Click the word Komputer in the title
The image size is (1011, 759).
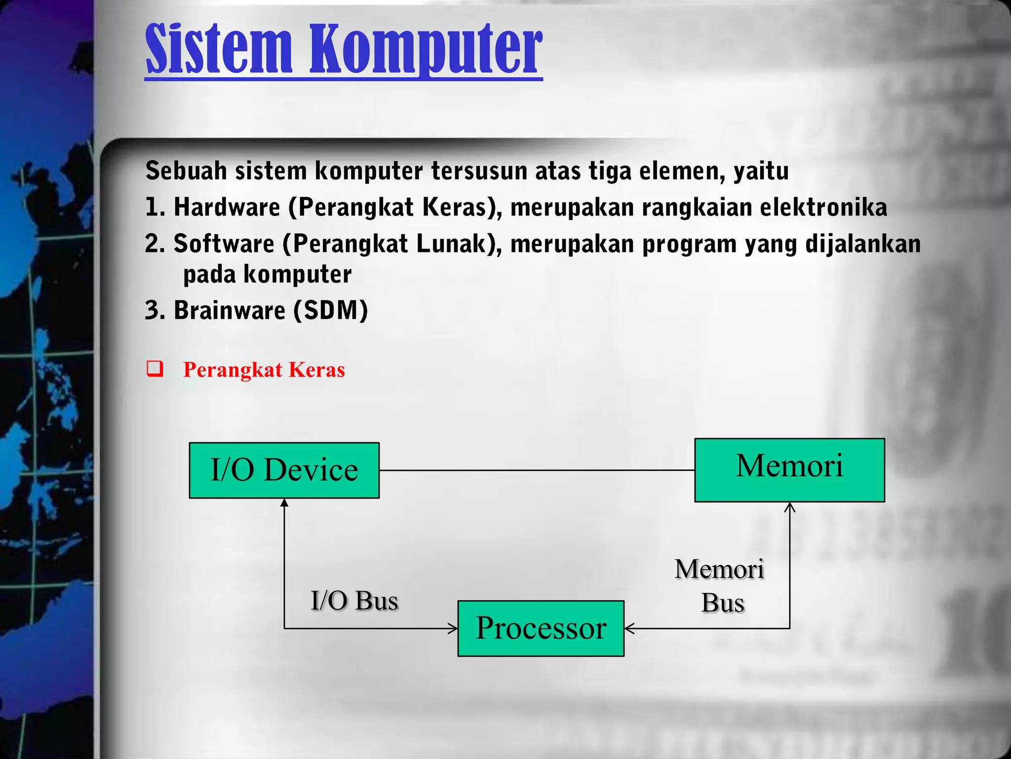point(426,49)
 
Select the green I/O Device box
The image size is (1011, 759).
point(284,470)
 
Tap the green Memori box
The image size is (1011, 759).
point(789,469)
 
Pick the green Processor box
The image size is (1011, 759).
point(541,628)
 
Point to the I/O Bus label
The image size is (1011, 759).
point(354,601)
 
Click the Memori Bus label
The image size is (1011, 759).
point(720,586)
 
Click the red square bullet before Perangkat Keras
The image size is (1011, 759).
point(154,369)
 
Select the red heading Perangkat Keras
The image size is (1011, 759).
point(264,370)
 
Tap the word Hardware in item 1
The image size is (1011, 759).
point(227,207)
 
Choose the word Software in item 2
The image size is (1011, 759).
point(224,244)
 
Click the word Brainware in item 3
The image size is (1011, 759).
point(230,310)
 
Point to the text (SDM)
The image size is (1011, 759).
point(331,310)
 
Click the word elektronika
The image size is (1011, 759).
point(823,207)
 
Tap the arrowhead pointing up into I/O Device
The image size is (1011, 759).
point(284,503)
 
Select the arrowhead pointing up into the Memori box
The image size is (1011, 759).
point(790,507)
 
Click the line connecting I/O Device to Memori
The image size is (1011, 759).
point(537,470)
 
